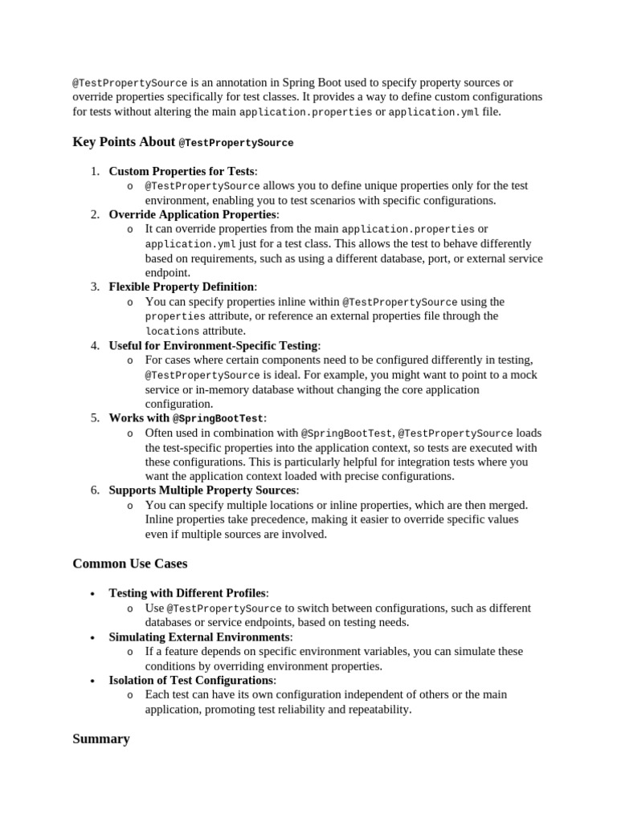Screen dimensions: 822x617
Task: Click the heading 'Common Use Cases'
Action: [130, 564]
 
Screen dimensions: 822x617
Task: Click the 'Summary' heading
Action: [101, 739]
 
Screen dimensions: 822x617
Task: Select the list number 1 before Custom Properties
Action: [95, 171]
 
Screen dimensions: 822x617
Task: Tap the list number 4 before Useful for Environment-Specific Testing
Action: [95, 345]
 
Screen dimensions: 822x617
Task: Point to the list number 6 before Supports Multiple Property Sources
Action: [95, 490]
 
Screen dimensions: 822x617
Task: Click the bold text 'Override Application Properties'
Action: [193, 214]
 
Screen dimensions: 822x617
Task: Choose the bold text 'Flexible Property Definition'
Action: [182, 287]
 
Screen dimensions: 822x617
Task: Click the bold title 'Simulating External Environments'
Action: [199, 637]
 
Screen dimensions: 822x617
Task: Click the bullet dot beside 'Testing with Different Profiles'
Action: [93, 594]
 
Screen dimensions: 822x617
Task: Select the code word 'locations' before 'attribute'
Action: [172, 331]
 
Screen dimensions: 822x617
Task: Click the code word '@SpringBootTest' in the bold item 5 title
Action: [218, 418]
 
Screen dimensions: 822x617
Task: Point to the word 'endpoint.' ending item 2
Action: [167, 272]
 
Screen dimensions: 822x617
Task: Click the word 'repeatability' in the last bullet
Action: [378, 709]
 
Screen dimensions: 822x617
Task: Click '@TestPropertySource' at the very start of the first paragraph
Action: [130, 83]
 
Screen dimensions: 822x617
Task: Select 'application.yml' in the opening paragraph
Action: [433, 112]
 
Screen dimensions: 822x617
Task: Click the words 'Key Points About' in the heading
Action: [124, 142]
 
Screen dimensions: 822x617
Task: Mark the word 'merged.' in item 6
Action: [508, 505]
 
